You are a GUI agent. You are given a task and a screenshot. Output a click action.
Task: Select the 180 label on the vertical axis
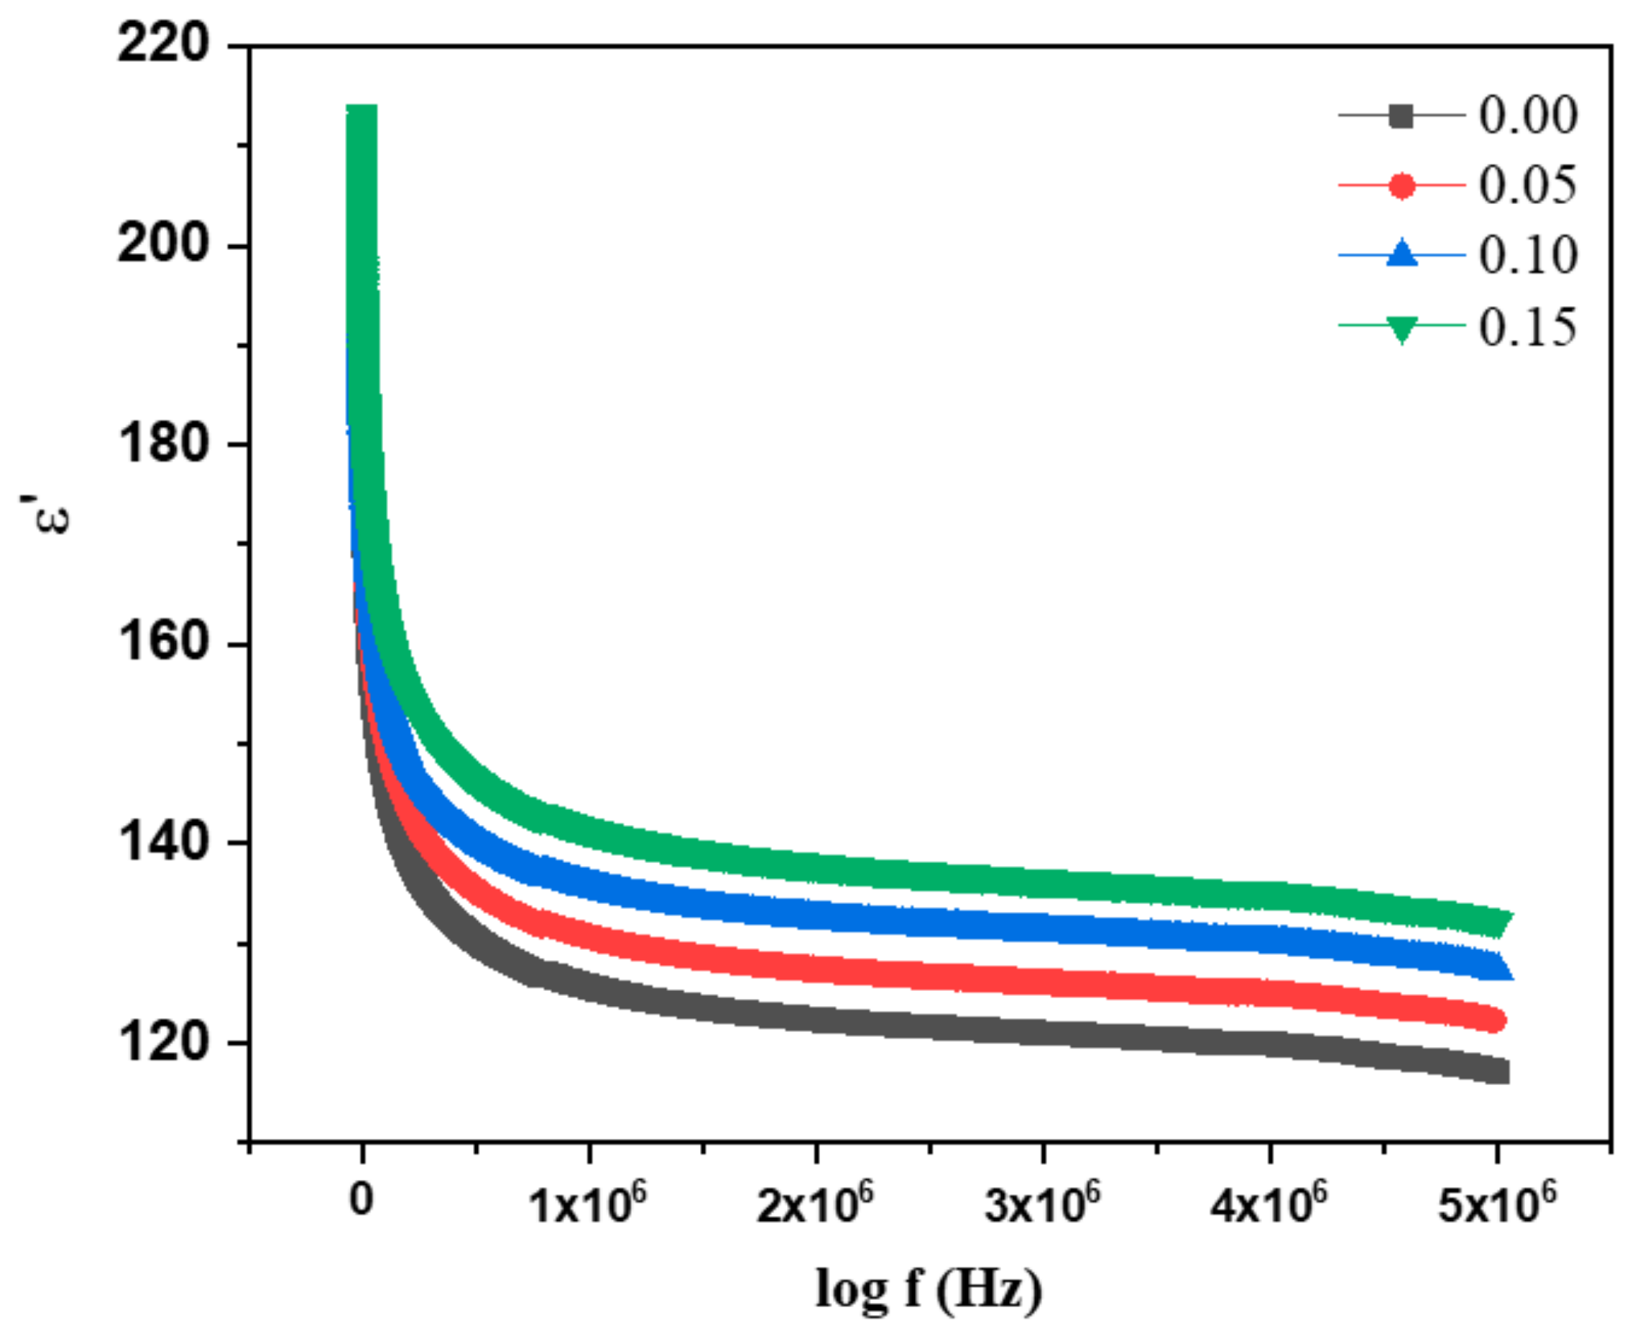coord(163,443)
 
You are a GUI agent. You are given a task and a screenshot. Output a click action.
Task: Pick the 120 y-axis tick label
coord(163,1041)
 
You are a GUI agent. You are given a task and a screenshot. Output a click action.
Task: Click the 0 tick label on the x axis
coord(361,1199)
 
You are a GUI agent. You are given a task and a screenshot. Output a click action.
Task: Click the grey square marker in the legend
coord(1401,116)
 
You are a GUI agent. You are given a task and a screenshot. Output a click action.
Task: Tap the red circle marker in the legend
coord(1401,186)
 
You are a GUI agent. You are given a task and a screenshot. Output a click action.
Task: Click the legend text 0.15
coord(1527,328)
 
